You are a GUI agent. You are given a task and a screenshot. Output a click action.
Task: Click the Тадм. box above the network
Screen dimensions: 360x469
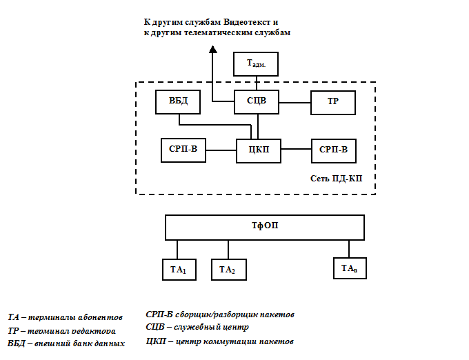point(257,63)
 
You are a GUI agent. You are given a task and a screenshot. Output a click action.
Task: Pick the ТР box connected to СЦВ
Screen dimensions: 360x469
point(332,102)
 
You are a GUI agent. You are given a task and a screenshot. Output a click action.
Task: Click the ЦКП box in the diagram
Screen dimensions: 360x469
point(258,150)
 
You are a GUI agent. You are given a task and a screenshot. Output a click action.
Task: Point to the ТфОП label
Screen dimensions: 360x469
point(264,226)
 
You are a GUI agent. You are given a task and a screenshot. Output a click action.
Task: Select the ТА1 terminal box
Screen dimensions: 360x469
point(179,270)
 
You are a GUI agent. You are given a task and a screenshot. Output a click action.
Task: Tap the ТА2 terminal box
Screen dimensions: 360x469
point(228,270)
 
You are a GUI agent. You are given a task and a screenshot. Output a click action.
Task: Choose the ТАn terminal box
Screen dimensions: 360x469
point(348,268)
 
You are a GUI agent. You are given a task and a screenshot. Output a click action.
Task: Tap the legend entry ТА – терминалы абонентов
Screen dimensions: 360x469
point(65,318)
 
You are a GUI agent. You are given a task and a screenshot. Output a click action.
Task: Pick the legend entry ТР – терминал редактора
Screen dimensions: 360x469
point(66,331)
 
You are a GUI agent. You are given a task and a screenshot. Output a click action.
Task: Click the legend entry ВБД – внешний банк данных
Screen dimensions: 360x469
point(66,343)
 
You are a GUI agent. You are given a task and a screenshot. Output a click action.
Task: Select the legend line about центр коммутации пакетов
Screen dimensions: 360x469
point(220,341)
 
